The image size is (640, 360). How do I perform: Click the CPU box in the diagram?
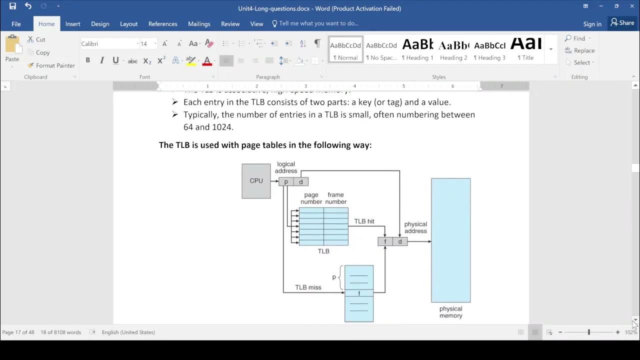coord(256,181)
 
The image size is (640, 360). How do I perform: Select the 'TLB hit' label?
coord(364,221)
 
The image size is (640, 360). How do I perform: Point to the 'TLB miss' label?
coord(308,287)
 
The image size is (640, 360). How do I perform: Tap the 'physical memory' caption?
coord(450,312)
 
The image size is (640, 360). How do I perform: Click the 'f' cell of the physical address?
coord(385,242)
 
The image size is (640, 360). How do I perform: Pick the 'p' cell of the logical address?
coord(286,181)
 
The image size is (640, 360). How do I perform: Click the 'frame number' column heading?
coord(335,198)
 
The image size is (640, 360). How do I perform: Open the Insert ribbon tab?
coord(72,23)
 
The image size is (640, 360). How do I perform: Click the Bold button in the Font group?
coord(88,60)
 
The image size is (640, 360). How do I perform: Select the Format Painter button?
coord(51,65)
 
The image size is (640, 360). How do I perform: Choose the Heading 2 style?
coord(453,50)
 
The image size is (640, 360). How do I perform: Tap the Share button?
coord(622,23)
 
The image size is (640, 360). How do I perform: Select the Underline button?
coord(115,60)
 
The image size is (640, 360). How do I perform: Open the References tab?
coord(162,23)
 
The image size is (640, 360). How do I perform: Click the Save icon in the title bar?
coord(12,6)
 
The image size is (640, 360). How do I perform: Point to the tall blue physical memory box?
coord(450,240)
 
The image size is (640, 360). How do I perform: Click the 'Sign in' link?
coord(592,24)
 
